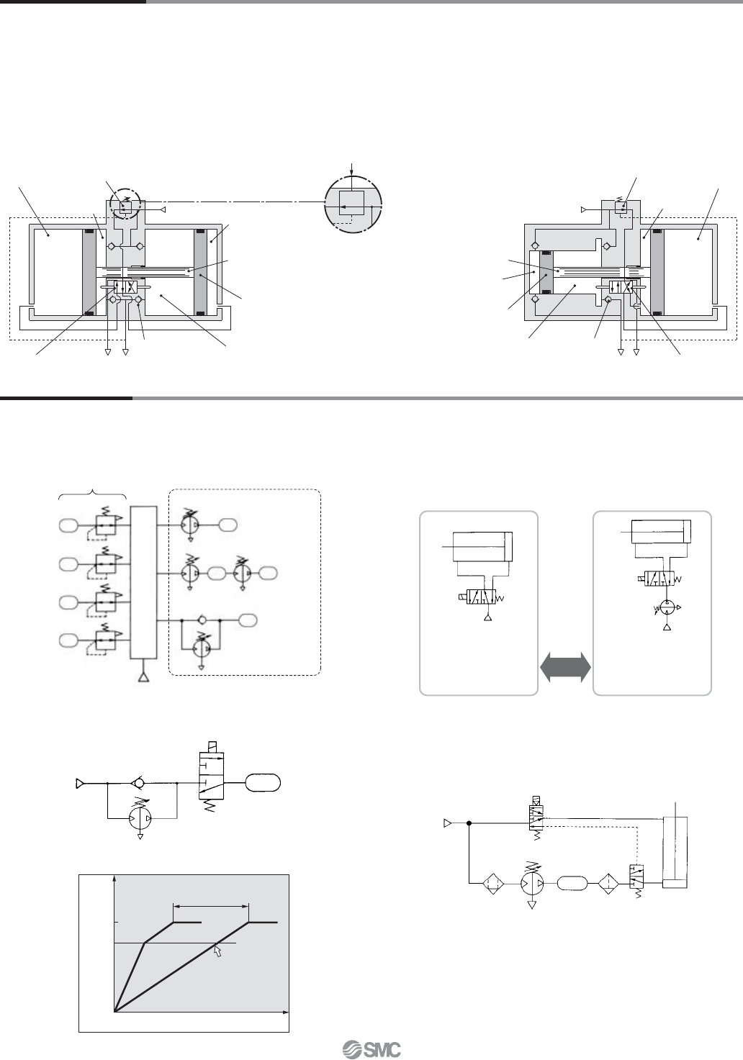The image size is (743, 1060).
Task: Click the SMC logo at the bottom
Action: pyautogui.click(x=371, y=1048)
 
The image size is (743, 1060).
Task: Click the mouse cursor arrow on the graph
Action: pyautogui.click(x=217, y=951)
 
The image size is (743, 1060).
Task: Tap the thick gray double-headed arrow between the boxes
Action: pyautogui.click(x=565, y=668)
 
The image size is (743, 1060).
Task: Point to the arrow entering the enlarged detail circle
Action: pyautogui.click(x=351, y=168)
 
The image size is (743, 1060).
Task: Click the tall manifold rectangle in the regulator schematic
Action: pyautogui.click(x=143, y=582)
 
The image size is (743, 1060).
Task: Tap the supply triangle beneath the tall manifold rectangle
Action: pyautogui.click(x=143, y=677)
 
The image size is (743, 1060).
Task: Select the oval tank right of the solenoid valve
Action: pyautogui.click(x=263, y=783)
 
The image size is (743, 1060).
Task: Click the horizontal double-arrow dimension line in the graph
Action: pyautogui.click(x=211, y=906)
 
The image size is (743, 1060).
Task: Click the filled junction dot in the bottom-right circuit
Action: pyautogui.click(x=469, y=823)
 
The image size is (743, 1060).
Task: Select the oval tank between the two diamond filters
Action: pyautogui.click(x=572, y=883)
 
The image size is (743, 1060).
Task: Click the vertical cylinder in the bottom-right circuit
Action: pyautogui.click(x=675, y=853)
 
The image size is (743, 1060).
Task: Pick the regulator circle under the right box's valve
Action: pyautogui.click(x=667, y=607)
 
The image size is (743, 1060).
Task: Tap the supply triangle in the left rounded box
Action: pyautogui.click(x=487, y=617)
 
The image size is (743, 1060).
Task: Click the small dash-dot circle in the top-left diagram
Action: pyautogui.click(x=125, y=206)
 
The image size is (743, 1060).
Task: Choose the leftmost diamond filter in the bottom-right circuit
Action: pyautogui.click(x=493, y=883)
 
